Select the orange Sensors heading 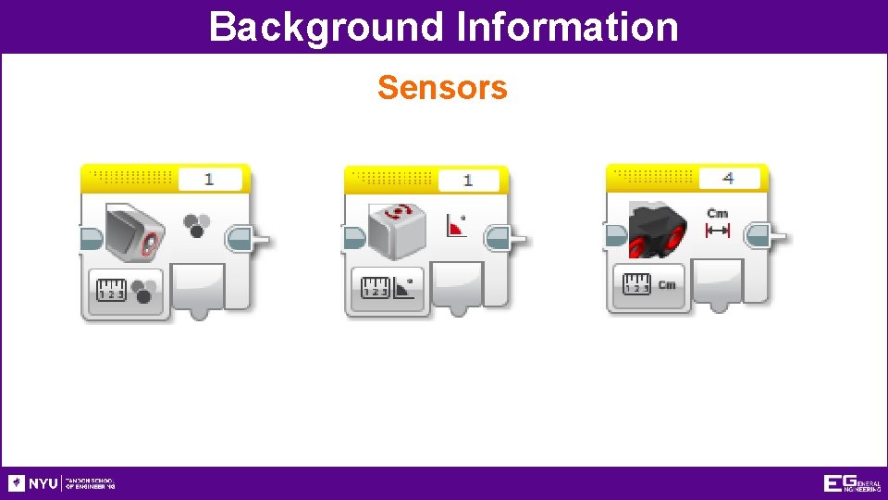click(x=442, y=87)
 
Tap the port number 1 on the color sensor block click(x=209, y=180)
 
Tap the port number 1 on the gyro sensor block click(x=468, y=181)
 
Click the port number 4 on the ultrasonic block click(x=728, y=178)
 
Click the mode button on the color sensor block click(x=128, y=291)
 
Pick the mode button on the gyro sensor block click(x=388, y=291)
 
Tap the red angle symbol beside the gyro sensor click(x=456, y=226)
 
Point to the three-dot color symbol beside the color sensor click(x=196, y=225)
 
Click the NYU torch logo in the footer click(x=17, y=483)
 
